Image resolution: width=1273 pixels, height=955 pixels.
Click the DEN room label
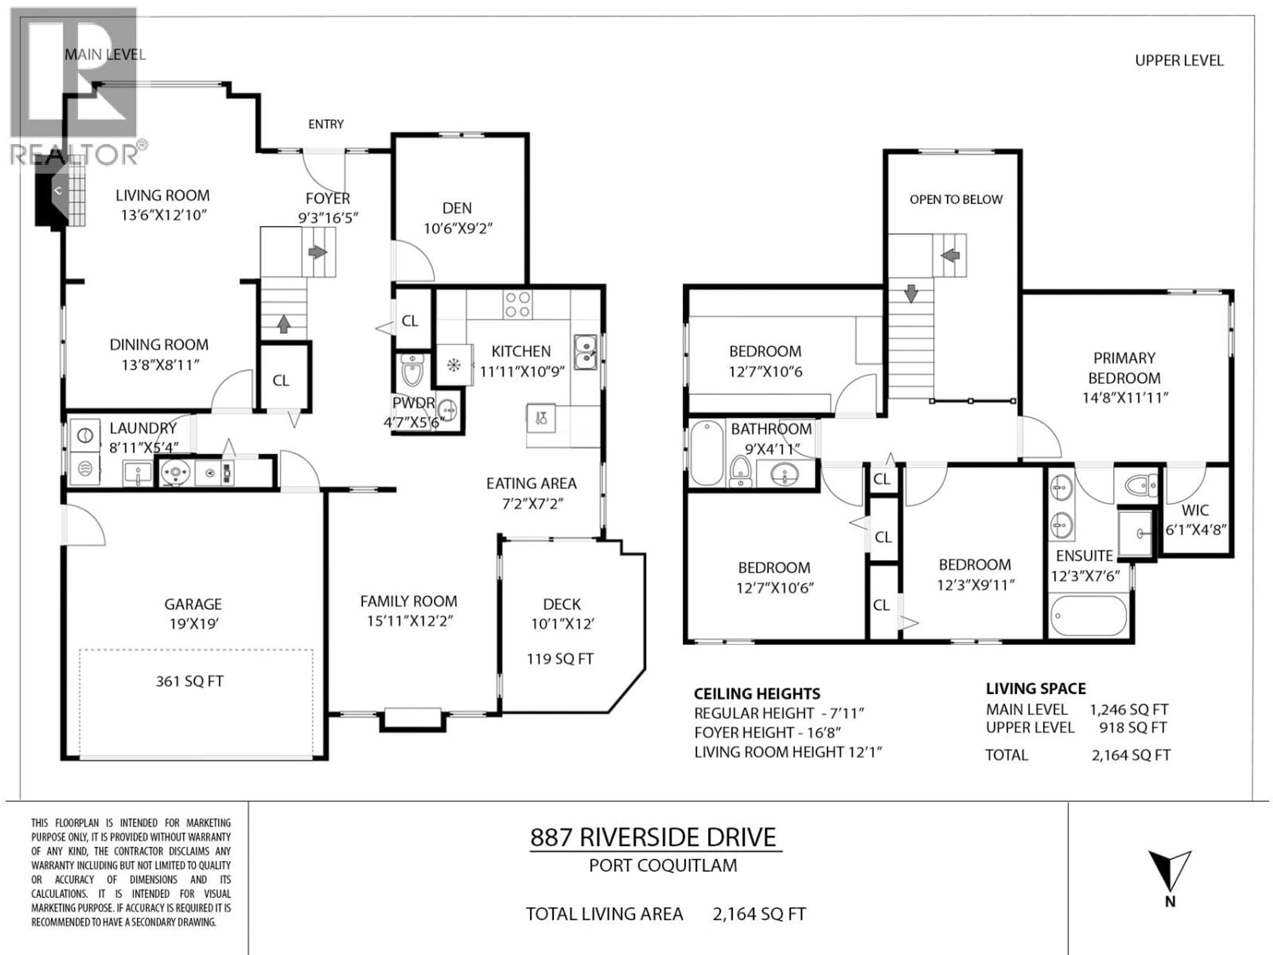[x=457, y=208]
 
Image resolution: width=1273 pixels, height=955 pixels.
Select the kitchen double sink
[x=585, y=352]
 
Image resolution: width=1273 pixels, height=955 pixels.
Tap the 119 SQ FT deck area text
[x=560, y=659]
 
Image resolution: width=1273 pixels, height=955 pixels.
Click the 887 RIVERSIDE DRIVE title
[x=653, y=838]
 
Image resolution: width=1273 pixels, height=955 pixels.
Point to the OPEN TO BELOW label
[x=956, y=200]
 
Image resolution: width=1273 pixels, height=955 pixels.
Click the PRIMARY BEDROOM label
[x=1124, y=368]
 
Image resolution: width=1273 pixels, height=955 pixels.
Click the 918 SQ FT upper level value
[x=1132, y=728]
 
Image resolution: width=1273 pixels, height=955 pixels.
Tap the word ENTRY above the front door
[x=326, y=124]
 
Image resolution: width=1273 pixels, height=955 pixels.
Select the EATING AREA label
[x=531, y=483]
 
